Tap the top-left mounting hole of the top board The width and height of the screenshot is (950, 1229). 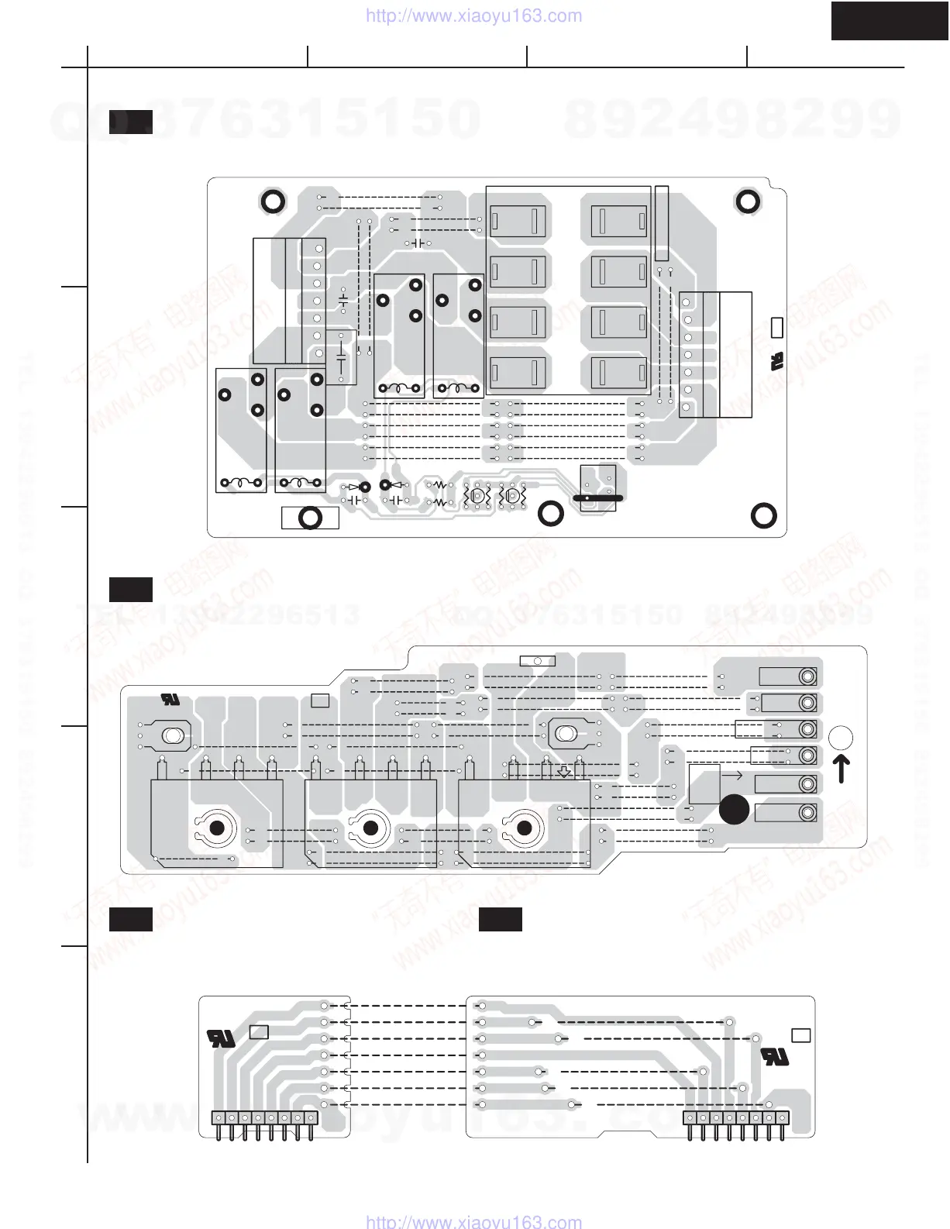point(271,201)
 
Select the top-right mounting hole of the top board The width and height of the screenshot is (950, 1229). point(747,201)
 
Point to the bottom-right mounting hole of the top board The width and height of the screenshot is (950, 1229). point(763,515)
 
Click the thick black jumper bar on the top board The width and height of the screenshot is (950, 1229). point(597,497)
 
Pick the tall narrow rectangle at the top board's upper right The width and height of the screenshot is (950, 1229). point(661,223)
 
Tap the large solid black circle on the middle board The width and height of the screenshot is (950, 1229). point(734,810)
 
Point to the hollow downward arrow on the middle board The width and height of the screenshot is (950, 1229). point(565,771)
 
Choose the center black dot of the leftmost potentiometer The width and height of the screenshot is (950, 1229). point(217,828)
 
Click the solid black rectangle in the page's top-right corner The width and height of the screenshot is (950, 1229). point(890,20)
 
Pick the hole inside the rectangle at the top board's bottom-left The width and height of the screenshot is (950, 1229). point(310,518)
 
